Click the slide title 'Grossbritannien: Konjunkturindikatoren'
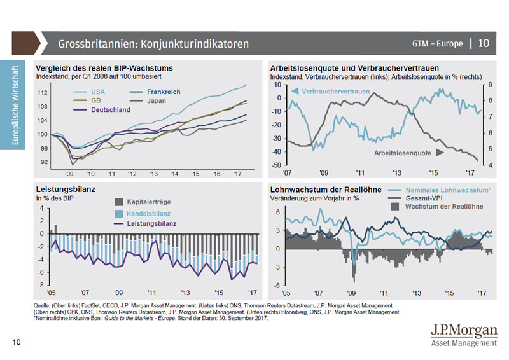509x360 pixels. pos(153,44)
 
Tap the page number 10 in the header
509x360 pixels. pos(484,43)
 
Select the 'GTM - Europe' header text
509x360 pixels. pos(437,43)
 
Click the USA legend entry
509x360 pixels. pos(97,92)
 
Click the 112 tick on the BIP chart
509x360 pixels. pos(43,93)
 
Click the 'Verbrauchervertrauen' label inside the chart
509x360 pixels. pos(335,92)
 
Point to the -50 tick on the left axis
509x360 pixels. pos(277,165)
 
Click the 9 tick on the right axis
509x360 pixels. pos(489,85)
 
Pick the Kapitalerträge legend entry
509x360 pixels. pos(144,202)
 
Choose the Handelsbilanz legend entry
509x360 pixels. pos(144,213)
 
